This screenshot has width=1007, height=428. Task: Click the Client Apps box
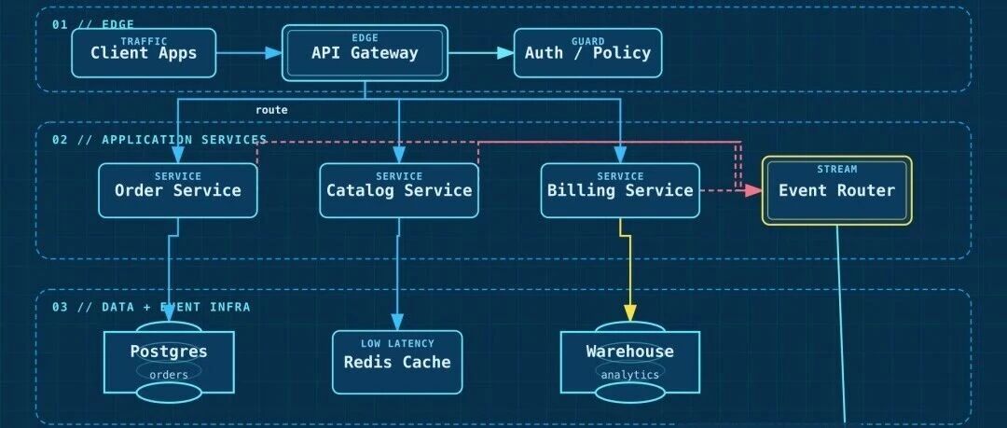click(x=144, y=53)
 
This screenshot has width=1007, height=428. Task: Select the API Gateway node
click(x=365, y=53)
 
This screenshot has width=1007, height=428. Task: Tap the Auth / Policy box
click(x=587, y=53)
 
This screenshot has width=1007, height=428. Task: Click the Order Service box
click(x=178, y=190)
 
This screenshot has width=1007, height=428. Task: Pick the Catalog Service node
click(x=399, y=190)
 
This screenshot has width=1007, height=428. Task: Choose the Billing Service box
click(x=620, y=190)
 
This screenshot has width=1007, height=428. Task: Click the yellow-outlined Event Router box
click(x=836, y=190)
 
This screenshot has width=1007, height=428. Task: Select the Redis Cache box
click(x=397, y=362)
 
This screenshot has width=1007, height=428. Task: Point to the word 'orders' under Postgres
click(x=169, y=375)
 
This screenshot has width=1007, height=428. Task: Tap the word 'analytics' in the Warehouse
click(x=630, y=374)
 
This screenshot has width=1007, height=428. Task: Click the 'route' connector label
click(x=271, y=110)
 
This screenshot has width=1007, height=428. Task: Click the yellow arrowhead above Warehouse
click(x=630, y=313)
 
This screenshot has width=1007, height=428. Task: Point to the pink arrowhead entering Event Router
click(x=753, y=190)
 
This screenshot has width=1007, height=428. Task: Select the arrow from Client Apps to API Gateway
click(x=249, y=53)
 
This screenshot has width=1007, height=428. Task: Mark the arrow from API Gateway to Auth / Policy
click(x=481, y=53)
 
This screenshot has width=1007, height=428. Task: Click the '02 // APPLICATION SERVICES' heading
click(x=159, y=140)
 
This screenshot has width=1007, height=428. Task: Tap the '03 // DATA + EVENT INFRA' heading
click(x=151, y=307)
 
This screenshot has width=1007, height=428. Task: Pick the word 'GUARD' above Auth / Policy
click(x=587, y=41)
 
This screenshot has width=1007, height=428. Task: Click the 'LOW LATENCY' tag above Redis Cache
click(x=397, y=344)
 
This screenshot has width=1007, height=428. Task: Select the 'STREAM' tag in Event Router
click(x=836, y=169)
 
